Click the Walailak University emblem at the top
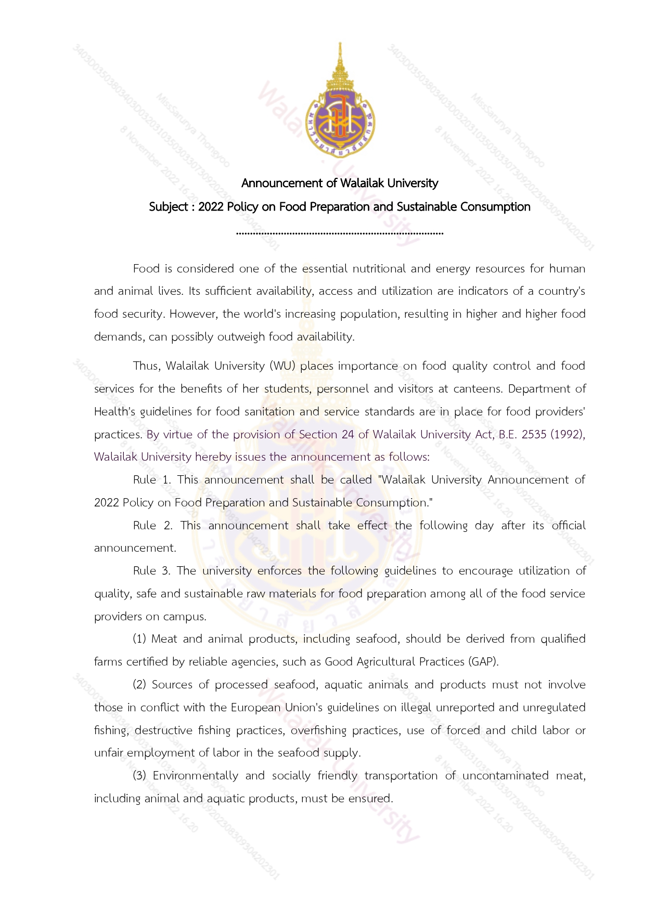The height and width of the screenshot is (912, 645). pyautogui.click(x=340, y=104)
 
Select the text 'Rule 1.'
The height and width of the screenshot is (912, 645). pyautogui.click(x=152, y=480)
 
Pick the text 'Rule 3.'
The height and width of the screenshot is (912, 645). pyautogui.click(x=152, y=571)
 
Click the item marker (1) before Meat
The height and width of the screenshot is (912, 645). pyautogui.click(x=139, y=639)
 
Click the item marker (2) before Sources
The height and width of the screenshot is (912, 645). pyautogui.click(x=139, y=685)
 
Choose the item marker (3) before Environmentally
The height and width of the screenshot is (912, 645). pyautogui.click(x=139, y=776)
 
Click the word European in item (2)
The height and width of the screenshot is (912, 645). pyautogui.click(x=256, y=708)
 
